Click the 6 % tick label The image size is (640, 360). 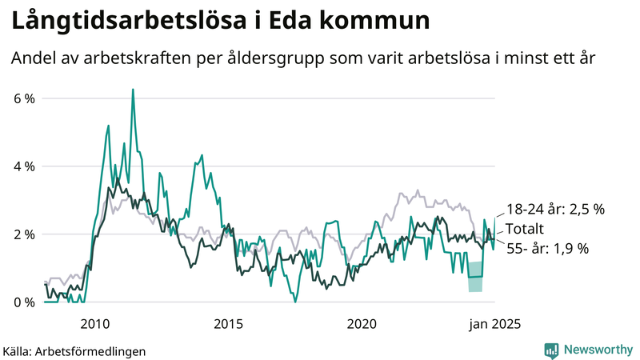(x=23, y=98)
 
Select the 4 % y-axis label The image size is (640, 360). (x=23, y=166)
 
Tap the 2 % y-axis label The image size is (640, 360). (x=23, y=234)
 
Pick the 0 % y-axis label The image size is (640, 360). (x=23, y=302)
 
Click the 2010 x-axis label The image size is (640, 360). (x=95, y=324)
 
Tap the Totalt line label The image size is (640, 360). (x=524, y=229)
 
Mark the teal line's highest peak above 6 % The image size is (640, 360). (x=133, y=90)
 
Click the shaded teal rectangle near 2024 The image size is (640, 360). (x=475, y=277)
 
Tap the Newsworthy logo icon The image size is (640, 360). (x=551, y=350)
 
